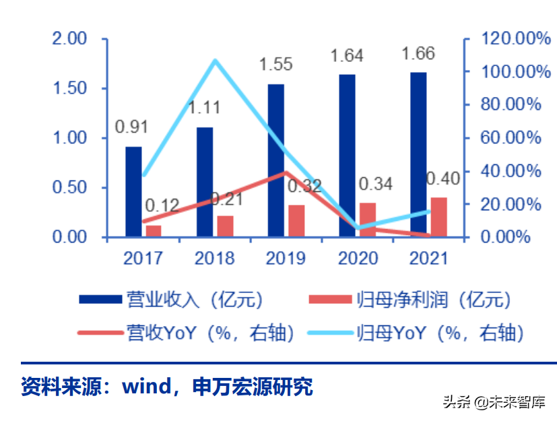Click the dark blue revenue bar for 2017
tap(133, 192)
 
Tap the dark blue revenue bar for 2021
tap(418, 154)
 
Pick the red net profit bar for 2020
tap(368, 220)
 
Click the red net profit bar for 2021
tap(438, 217)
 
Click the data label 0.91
tap(131, 127)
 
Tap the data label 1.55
tap(276, 65)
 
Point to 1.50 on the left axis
tap(70, 89)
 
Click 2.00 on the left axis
tap(70, 39)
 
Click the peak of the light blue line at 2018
tap(215, 61)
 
